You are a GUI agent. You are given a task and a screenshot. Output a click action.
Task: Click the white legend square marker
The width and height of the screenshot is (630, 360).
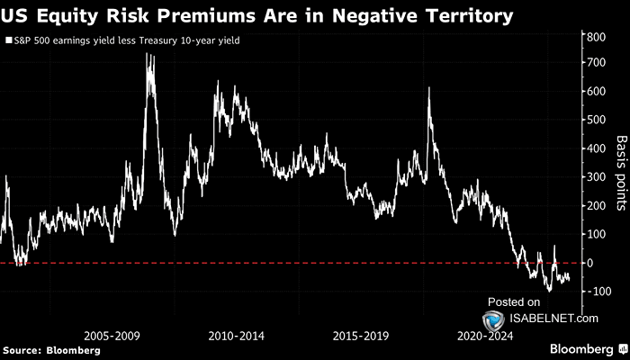(x=7, y=40)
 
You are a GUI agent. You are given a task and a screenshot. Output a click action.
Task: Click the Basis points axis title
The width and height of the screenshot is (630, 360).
(x=620, y=174)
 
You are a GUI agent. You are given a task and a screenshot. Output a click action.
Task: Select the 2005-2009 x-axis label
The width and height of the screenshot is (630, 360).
(x=112, y=335)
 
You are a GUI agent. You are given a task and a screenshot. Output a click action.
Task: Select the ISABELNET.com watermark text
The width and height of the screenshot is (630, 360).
(x=552, y=318)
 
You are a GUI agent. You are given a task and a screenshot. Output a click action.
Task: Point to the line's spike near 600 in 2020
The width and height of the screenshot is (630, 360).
(x=427, y=89)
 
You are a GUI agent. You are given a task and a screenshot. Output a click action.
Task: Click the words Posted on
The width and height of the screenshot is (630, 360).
(x=514, y=301)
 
